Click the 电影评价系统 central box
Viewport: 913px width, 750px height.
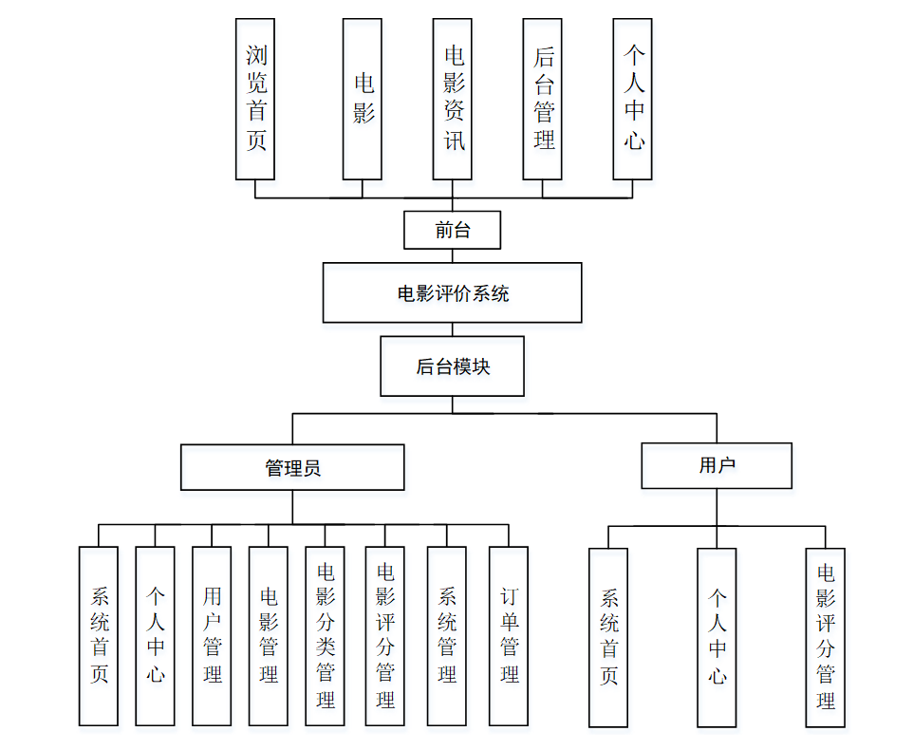(452, 293)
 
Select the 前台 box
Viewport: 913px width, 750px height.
(452, 230)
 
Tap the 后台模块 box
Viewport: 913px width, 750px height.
(452, 366)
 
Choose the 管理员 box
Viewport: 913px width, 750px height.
(292, 467)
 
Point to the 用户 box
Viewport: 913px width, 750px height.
(717, 465)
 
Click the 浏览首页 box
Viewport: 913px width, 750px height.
(255, 100)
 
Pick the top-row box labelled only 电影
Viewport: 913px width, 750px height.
(363, 100)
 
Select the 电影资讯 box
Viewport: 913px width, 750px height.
(453, 100)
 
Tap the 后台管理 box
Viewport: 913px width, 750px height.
(543, 100)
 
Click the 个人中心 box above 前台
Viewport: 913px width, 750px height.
(633, 100)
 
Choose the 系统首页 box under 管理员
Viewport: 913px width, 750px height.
(99, 636)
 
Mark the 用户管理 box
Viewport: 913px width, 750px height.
(212, 636)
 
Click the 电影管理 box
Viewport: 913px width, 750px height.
(269, 636)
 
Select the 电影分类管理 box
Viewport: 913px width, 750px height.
(325, 636)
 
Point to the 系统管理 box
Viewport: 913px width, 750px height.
(447, 636)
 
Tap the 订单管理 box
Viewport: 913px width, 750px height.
(509, 636)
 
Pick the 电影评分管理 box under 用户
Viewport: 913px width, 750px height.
(826, 637)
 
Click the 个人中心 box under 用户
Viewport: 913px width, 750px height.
(717, 637)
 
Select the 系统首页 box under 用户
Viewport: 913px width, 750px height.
(608, 637)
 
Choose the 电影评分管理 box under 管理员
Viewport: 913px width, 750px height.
(385, 636)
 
